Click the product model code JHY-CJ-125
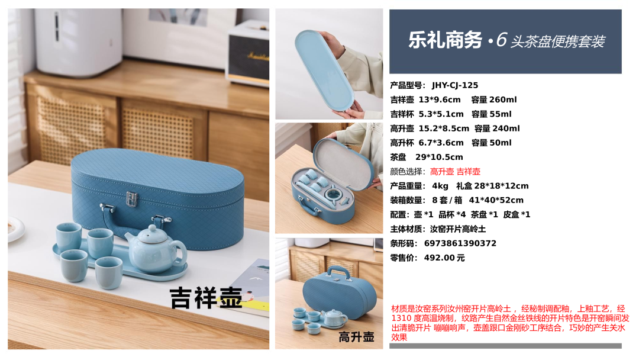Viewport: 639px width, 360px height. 455,85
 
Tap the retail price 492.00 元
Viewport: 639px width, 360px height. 444,258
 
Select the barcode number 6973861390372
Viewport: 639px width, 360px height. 460,243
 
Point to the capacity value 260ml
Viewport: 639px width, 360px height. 503,99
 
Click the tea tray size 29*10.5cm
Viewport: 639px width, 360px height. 439,157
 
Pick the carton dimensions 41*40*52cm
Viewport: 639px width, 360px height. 496,200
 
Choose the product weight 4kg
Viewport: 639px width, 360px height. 440,186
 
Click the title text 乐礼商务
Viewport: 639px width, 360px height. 445,40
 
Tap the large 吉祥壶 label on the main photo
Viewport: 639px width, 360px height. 206,298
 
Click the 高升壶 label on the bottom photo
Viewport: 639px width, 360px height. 356,337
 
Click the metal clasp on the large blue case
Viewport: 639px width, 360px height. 131,199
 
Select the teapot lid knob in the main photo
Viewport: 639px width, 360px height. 152,229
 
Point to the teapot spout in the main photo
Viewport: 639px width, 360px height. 130,239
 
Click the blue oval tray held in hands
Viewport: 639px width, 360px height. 324,69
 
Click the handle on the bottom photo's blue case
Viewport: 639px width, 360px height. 339,272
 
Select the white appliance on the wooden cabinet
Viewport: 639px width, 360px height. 78,41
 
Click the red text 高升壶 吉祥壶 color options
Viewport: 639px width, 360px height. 455,172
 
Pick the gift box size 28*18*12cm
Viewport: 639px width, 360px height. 492,186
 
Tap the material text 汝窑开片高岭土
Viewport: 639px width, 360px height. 458,229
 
